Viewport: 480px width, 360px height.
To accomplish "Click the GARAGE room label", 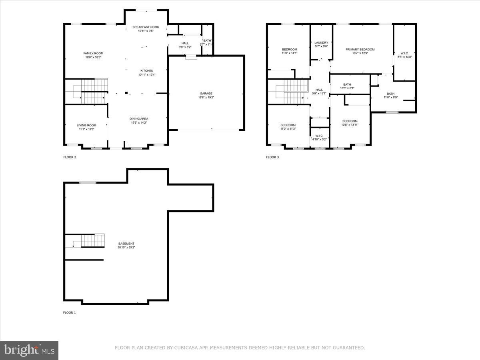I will [x=206, y=94].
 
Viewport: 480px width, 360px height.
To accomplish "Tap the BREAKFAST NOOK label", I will [x=146, y=27].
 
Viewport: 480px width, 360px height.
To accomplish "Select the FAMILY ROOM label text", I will [x=93, y=53].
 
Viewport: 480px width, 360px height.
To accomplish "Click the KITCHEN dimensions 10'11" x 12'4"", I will [x=146, y=75].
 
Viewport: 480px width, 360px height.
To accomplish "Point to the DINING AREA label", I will [x=138, y=118].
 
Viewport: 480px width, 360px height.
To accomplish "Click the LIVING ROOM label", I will [x=86, y=125].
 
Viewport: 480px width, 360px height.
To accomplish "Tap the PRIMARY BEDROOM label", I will [x=360, y=49].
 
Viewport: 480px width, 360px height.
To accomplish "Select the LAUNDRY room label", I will [x=321, y=42].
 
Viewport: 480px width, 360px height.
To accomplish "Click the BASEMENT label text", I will [x=126, y=244].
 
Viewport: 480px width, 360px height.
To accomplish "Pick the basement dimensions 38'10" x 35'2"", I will [x=126, y=248].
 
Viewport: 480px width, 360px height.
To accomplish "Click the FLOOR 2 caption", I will [x=70, y=157].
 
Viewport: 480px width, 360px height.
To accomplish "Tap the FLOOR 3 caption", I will [x=272, y=157].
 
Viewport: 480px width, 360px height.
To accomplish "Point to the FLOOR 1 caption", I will [x=69, y=312].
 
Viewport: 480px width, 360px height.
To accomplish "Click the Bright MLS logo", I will [x=29, y=350].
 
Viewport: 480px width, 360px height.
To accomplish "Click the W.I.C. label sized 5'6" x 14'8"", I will [x=405, y=53].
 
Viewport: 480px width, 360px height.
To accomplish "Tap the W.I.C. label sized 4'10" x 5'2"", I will [x=320, y=136].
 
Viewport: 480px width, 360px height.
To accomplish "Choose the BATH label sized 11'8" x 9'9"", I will [x=390, y=94].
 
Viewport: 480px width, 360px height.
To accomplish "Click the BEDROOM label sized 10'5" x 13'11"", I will [x=350, y=121].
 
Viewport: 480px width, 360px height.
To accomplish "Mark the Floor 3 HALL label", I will [x=319, y=90].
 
